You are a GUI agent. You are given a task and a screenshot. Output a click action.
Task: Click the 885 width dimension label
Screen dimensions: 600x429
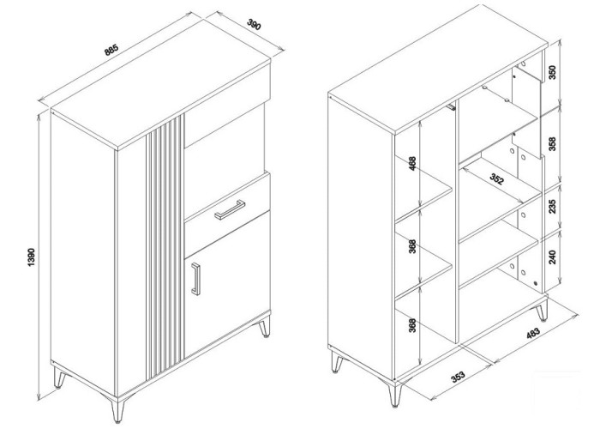pos(111,50)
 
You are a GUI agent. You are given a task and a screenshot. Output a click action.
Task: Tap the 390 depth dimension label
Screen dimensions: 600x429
pos(254,24)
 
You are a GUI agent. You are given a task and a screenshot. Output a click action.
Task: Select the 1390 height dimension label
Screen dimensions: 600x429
pos(32,257)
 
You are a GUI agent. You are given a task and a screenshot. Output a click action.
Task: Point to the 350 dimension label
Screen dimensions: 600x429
pos(552,71)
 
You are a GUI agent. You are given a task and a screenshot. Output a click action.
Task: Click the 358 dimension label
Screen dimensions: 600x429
pos(552,143)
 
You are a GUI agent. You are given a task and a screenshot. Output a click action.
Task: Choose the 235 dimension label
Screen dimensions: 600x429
pos(552,206)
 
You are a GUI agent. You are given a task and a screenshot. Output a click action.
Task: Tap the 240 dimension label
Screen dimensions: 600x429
pos(552,257)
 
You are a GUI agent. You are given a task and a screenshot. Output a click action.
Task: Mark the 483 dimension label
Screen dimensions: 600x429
pos(533,333)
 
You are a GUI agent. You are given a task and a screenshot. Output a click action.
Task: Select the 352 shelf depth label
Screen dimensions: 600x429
pos(497,178)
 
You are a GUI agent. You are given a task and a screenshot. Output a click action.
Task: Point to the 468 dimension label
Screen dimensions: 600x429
pos(412,164)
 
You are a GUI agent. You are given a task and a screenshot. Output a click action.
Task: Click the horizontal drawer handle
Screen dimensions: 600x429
pos(230,209)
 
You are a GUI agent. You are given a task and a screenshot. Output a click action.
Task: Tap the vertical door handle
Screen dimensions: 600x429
pos(196,279)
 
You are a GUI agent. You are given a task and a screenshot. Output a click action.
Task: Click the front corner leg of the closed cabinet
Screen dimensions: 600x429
pos(117,410)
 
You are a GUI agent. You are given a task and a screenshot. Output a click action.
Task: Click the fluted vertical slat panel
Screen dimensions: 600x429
pos(164,245)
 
